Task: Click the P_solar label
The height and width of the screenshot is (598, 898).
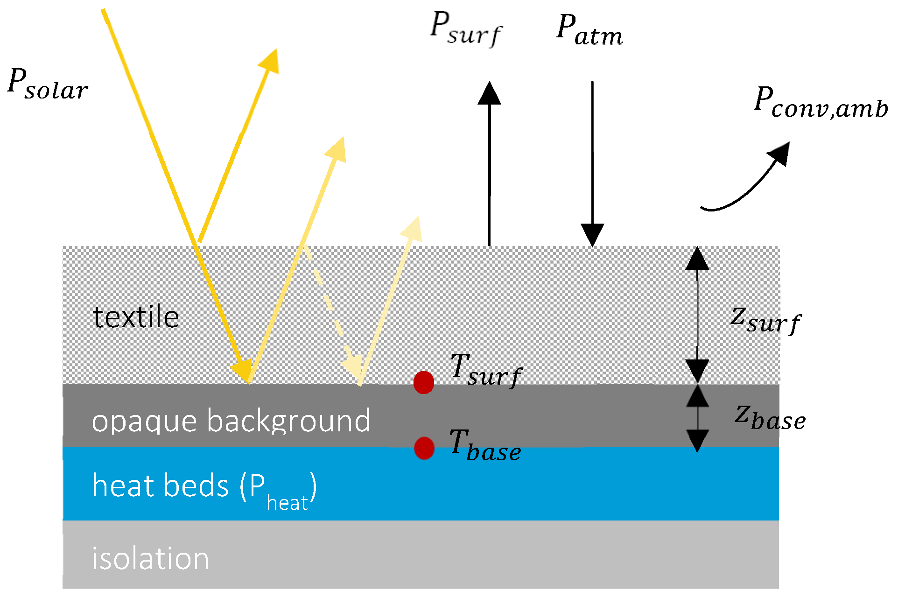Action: [48, 84]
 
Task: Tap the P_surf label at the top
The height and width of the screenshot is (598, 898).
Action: [465, 29]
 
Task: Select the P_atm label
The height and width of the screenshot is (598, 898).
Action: [589, 30]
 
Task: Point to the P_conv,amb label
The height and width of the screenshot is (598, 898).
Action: [821, 103]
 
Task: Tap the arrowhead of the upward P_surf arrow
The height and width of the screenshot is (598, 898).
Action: [489, 93]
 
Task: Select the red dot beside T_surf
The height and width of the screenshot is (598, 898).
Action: [424, 383]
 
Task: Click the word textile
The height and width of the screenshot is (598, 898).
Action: [136, 317]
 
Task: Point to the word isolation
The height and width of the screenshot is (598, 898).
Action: [150, 558]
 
